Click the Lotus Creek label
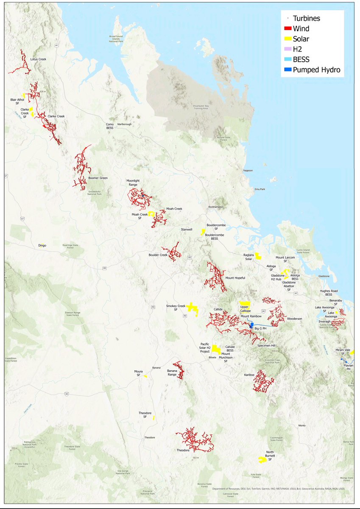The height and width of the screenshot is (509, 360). click(x=39, y=59)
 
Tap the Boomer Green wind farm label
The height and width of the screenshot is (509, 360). click(x=98, y=178)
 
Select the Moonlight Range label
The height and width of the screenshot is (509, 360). click(x=133, y=183)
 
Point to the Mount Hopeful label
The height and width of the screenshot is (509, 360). click(x=235, y=278)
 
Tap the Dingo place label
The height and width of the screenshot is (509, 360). click(x=42, y=246)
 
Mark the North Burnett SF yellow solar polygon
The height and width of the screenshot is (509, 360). click(x=262, y=459)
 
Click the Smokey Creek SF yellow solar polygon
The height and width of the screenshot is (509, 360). click(x=193, y=308)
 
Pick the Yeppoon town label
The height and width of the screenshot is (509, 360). click(x=247, y=171)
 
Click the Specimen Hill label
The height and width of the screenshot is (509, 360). click(x=266, y=346)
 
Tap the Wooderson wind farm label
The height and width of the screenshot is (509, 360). click(x=294, y=318)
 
